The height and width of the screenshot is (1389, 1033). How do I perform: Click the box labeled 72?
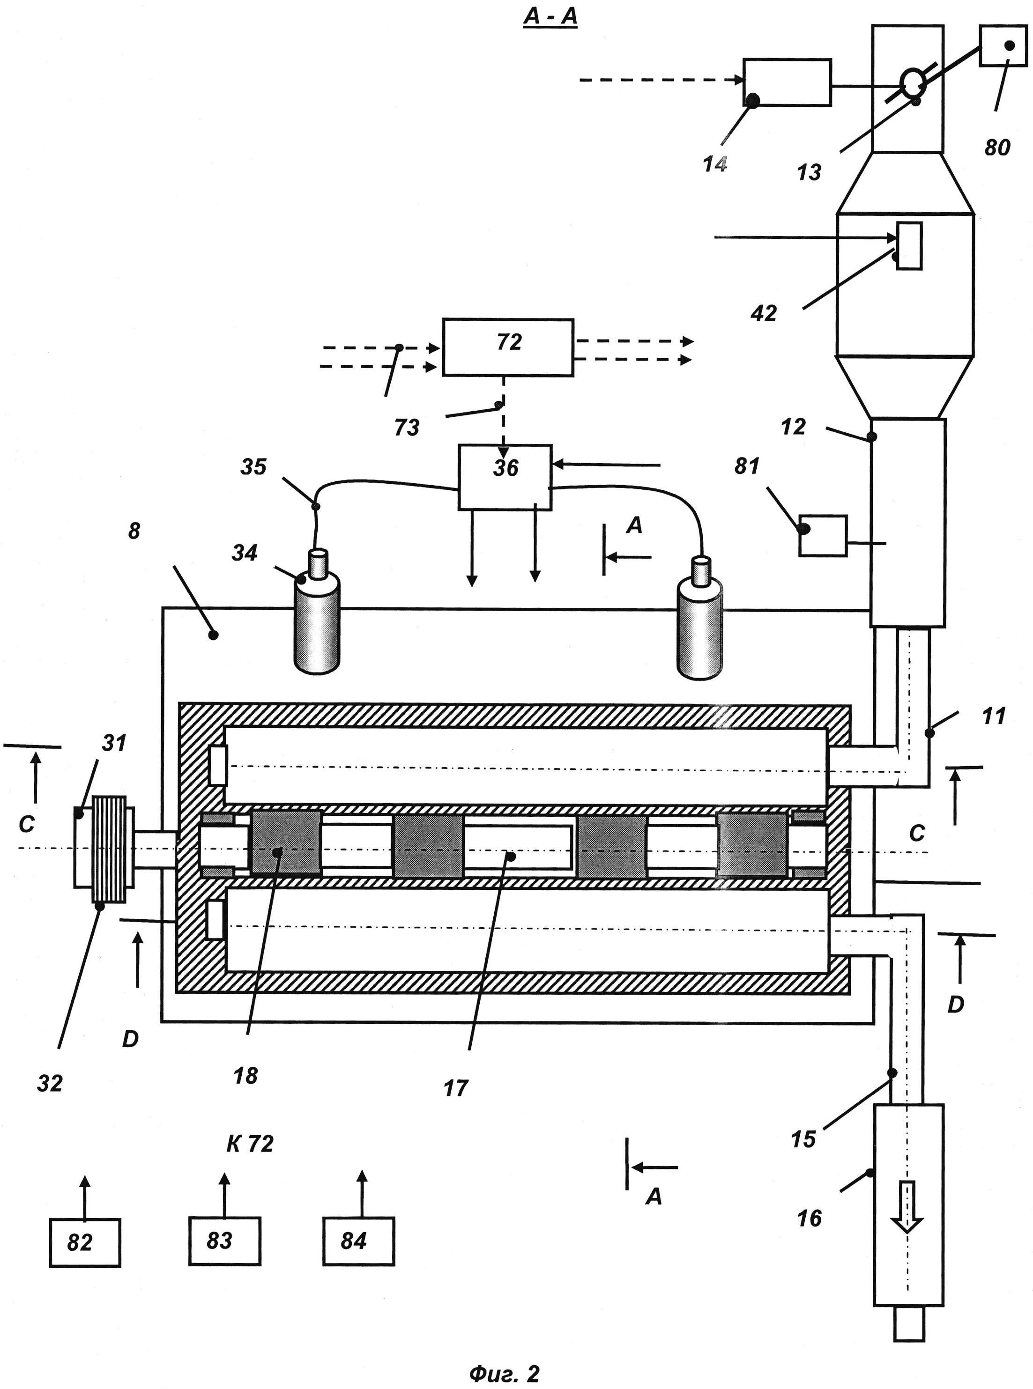pyautogui.click(x=508, y=347)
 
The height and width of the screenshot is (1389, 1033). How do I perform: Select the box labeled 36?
pyautogui.click(x=505, y=478)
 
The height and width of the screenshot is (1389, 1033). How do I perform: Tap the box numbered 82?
pyautogui.click(x=85, y=1243)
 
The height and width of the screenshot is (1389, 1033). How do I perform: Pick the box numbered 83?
pyautogui.click(x=224, y=1241)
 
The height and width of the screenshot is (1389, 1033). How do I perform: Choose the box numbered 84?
pyautogui.click(x=359, y=1241)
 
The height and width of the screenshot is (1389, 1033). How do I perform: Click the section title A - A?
pyautogui.click(x=550, y=17)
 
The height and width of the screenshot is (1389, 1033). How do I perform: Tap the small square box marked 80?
pyautogui.click(x=1003, y=45)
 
